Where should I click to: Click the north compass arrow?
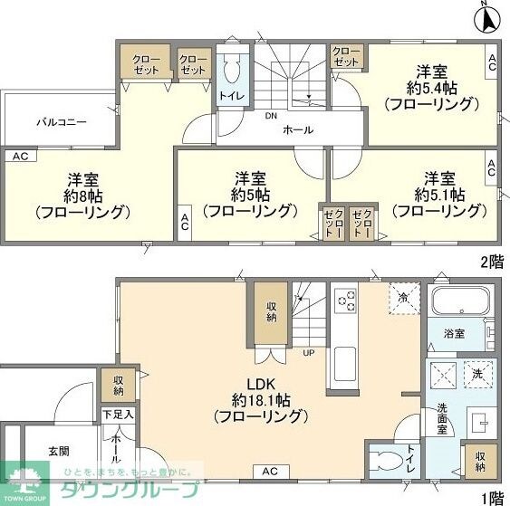coord(486,17)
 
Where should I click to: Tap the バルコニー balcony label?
coord(62,120)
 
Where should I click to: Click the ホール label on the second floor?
coord(298,130)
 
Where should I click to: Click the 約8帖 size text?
coord(82,196)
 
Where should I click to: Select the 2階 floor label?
coord(492,262)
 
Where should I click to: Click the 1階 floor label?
coord(492,496)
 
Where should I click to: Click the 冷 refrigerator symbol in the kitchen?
coord(401,296)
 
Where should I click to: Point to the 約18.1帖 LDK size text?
coord(261,400)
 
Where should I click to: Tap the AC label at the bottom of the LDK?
coord(270,472)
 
